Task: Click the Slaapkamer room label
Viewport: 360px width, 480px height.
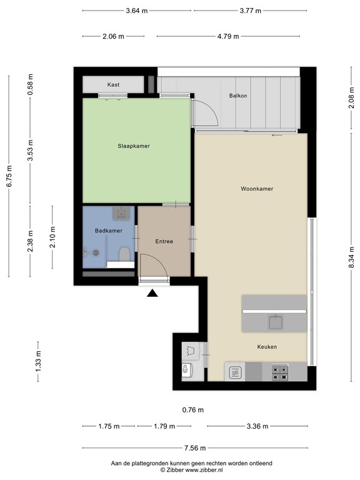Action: pyautogui.click(x=134, y=146)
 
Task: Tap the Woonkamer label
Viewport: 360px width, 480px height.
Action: pyautogui.click(x=257, y=189)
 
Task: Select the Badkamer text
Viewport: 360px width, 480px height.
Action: pyautogui.click(x=108, y=231)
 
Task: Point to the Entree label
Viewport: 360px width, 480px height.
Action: pyautogui.click(x=164, y=241)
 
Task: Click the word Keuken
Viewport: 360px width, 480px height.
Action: pyautogui.click(x=267, y=346)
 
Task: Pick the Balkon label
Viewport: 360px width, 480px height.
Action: pyautogui.click(x=238, y=96)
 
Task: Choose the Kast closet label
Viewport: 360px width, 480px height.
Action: pyautogui.click(x=113, y=84)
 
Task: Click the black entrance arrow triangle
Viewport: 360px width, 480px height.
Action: pyautogui.click(x=152, y=293)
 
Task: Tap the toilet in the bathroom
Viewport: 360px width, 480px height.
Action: pyautogui.click(x=124, y=254)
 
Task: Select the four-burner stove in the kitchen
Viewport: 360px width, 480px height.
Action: pyautogui.click(x=280, y=372)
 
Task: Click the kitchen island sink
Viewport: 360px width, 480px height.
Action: pyautogui.click(x=276, y=322)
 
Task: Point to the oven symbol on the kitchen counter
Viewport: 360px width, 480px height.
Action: pyautogui.click(x=235, y=372)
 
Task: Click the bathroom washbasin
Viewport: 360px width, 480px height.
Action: pyautogui.click(x=122, y=212)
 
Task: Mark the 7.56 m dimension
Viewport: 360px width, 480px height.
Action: pyautogui.click(x=195, y=448)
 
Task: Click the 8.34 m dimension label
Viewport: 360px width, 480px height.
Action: pyautogui.click(x=351, y=257)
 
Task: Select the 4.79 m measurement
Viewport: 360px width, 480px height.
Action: pyautogui.click(x=228, y=36)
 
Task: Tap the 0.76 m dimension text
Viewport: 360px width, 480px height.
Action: pyautogui.click(x=193, y=409)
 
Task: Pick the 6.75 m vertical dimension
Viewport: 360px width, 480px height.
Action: pyautogui.click(x=9, y=176)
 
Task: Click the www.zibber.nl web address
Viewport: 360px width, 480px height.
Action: pyautogui.click(x=204, y=470)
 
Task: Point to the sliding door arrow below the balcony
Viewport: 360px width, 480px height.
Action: pyautogui.click(x=277, y=135)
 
